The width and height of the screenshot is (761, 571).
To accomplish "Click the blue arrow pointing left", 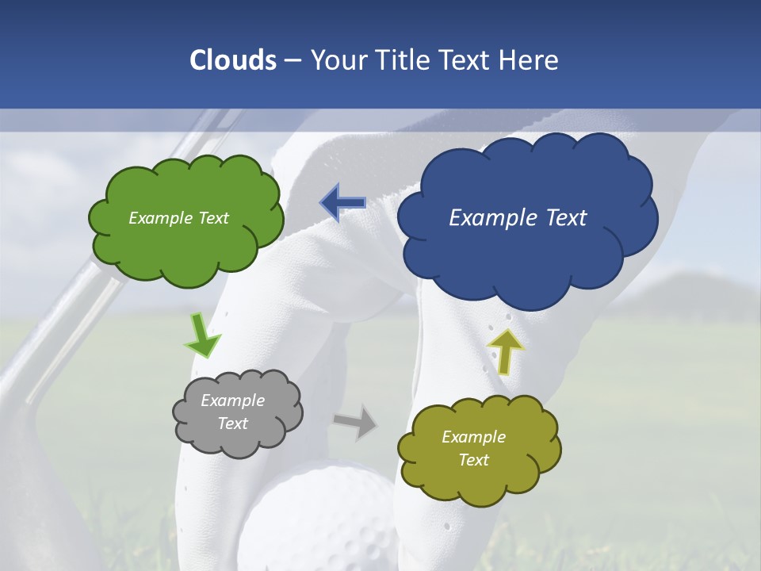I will pyautogui.click(x=342, y=203).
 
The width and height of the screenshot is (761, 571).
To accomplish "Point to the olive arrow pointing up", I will pyautogui.click(x=505, y=351).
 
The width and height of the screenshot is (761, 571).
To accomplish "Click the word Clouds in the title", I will pyautogui.click(x=232, y=60).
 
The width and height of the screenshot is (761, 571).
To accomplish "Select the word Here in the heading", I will pyautogui.click(x=529, y=60).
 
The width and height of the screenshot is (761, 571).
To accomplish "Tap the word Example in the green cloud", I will pyautogui.click(x=156, y=218).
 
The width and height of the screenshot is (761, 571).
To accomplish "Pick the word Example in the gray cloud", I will pyautogui.click(x=232, y=400).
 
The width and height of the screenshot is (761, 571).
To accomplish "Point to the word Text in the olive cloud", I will pyautogui.click(x=473, y=460).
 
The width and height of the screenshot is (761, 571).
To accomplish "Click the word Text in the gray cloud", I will pyautogui.click(x=232, y=423).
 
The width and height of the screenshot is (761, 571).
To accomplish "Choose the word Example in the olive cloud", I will pyautogui.click(x=473, y=437).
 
